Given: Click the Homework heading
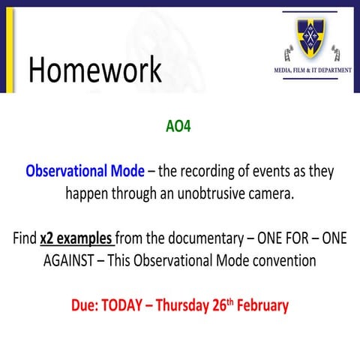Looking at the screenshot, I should pos(94,70).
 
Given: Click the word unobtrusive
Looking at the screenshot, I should pos(246,192).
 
